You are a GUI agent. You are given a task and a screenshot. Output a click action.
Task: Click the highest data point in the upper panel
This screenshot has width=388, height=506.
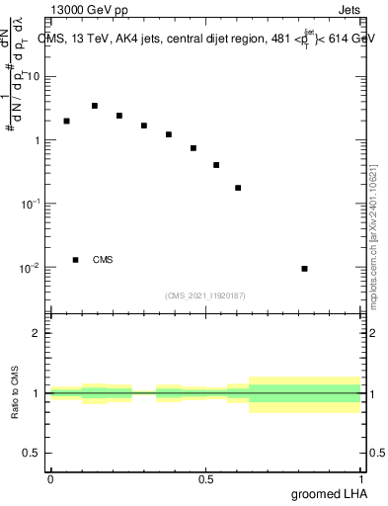pos(95,106)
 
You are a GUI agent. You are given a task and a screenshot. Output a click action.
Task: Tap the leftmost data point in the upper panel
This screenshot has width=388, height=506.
pos(66,122)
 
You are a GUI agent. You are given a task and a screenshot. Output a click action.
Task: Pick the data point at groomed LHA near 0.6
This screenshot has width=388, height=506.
pos(238,188)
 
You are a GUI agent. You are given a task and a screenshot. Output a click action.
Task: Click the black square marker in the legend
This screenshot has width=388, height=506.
pos(75,260)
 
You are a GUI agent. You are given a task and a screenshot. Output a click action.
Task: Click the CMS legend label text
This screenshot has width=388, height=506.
pos(103,260)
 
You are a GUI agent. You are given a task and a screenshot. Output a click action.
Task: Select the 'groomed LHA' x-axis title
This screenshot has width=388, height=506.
pos(328,493)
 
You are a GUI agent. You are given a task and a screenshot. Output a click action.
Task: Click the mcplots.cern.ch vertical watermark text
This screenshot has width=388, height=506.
pos(374,227)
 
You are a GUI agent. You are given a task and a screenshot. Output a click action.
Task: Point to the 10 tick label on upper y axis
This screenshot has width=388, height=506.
pos(36,76)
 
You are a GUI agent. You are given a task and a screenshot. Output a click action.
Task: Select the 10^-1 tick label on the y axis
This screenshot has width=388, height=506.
pos(32,204)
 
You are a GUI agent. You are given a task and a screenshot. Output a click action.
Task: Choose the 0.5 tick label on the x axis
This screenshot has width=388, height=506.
pos(205,478)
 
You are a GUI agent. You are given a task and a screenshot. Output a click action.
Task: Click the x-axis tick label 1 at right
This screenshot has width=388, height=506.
pos(360,478)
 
